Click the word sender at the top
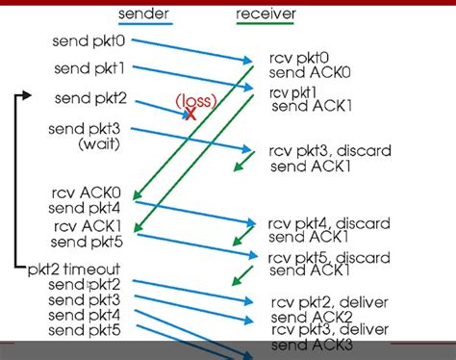(x=145, y=13)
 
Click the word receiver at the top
(x=266, y=13)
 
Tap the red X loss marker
(x=191, y=114)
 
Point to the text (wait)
(x=99, y=143)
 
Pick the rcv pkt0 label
(x=297, y=59)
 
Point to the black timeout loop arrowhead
(x=28, y=95)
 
